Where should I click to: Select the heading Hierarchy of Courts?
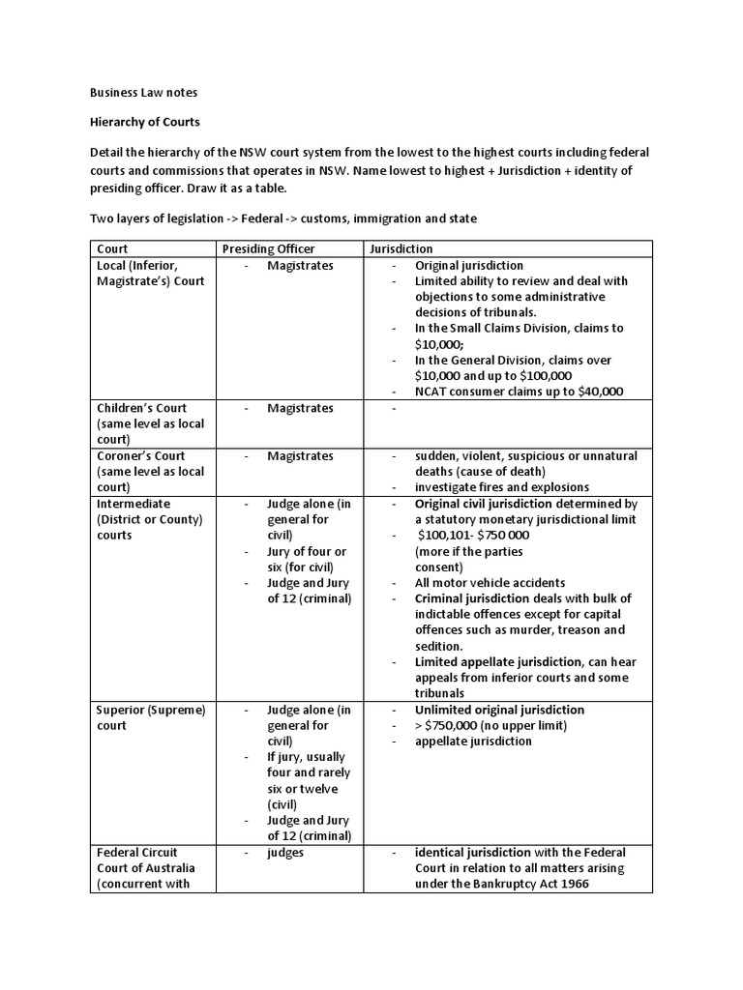point(144,124)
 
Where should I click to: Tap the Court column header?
point(112,248)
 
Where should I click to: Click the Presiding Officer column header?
point(268,248)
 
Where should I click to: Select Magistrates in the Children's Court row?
point(300,408)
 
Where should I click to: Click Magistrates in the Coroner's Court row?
point(300,455)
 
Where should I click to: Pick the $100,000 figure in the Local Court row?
point(546,376)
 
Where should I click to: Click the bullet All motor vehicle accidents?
point(490,583)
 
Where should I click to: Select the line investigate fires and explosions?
point(502,487)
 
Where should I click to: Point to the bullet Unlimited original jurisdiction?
point(499,710)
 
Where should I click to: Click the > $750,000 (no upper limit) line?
point(490,725)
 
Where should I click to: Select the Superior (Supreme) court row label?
point(151,717)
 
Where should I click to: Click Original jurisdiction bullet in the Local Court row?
point(469,265)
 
